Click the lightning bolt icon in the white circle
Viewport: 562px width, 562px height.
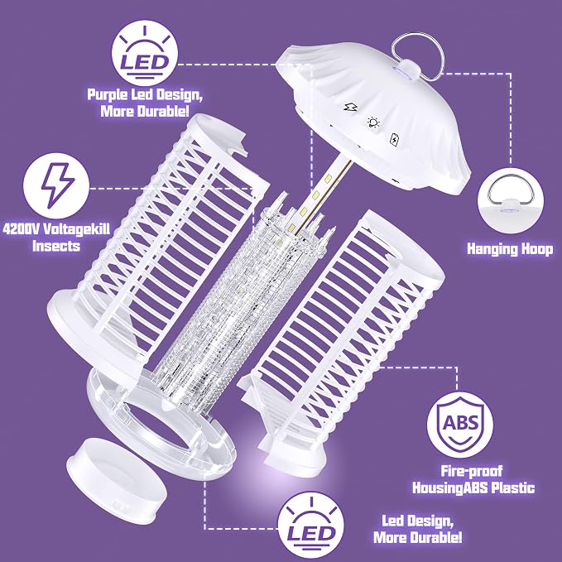tap(56, 186)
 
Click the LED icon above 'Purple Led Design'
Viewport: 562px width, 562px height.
tap(145, 53)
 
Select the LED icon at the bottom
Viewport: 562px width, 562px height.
tap(310, 525)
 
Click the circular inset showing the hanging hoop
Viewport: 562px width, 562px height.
tap(511, 201)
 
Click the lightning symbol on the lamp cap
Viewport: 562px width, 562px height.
tap(348, 107)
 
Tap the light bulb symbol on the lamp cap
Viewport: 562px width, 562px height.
tap(373, 122)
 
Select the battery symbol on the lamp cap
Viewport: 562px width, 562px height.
tap(394, 139)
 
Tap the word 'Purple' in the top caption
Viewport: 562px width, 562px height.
tap(108, 95)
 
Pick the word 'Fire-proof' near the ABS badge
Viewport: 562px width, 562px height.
tap(471, 471)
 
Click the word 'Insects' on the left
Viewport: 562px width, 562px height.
tap(56, 246)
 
